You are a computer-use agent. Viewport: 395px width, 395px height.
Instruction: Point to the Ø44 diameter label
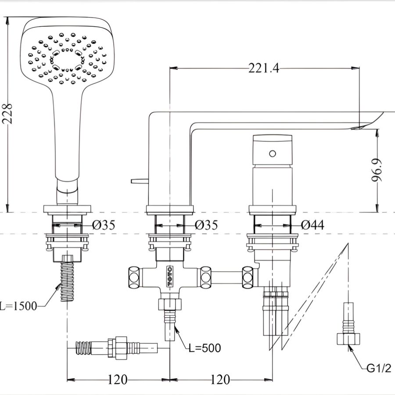click(x=312, y=225)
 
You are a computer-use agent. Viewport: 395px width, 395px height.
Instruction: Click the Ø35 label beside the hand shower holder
click(x=104, y=225)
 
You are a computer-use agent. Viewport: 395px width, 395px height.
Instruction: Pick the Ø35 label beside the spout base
click(x=206, y=225)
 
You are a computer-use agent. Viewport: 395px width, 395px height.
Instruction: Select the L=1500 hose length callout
click(x=18, y=305)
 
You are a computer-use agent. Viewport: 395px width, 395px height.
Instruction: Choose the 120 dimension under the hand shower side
click(x=118, y=379)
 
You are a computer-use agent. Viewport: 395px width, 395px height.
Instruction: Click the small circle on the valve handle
click(x=273, y=153)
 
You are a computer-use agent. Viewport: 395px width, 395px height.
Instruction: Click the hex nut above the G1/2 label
click(x=349, y=339)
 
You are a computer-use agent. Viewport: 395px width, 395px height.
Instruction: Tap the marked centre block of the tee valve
click(x=169, y=276)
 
